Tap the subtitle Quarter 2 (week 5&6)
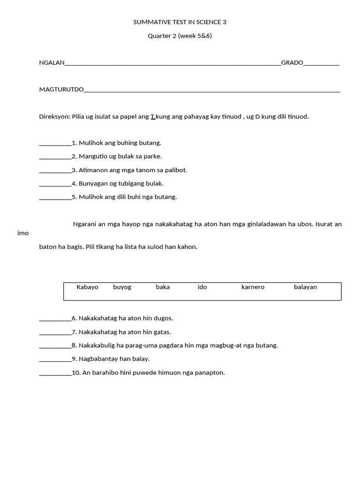pos(180,36)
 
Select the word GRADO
pos(292,63)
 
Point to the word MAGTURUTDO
pos(61,90)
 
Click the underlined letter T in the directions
pos(153,116)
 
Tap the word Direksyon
pos(54,116)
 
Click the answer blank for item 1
pos(55,143)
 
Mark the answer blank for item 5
pos(55,197)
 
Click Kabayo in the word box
pos(87,287)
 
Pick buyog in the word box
pos(122,287)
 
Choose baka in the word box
pos(163,287)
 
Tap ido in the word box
pos(202,287)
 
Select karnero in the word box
pos(253,287)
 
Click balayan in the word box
pos(305,287)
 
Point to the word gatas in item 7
pos(162,332)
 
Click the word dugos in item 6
pos(164,318)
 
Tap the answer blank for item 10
pos(55,373)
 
